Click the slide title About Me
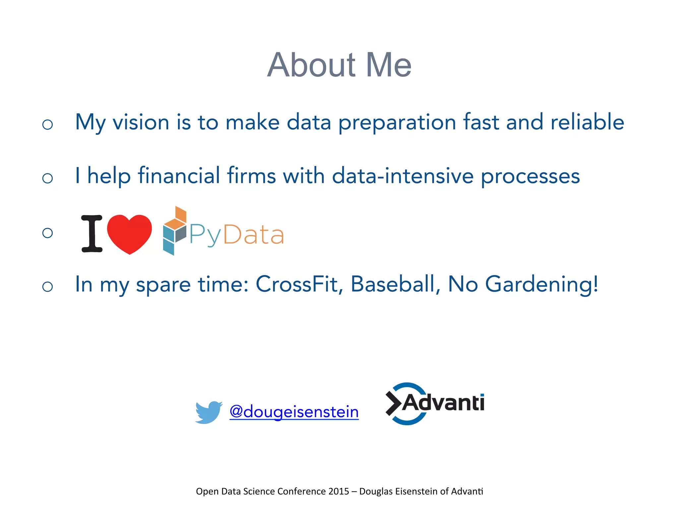tap(339, 65)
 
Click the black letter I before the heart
tap(92, 233)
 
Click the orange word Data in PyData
tap(254, 235)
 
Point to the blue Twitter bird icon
tap(208, 412)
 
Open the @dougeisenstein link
tap(294, 412)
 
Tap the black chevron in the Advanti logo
tap(394, 403)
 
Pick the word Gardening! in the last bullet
tap(542, 284)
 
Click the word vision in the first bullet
tap(141, 122)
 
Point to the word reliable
tap(587, 122)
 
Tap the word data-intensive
tap(402, 176)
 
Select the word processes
tap(530, 176)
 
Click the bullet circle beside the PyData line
tap(48, 233)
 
